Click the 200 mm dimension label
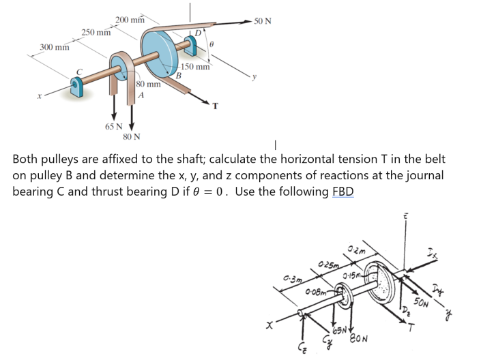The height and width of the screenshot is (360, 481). tap(130, 19)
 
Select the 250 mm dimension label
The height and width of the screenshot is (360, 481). tap(96, 32)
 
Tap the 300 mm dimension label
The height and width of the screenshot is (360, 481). tap(54, 47)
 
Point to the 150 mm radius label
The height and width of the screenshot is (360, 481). tap(196, 67)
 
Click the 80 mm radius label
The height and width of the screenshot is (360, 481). tap(148, 85)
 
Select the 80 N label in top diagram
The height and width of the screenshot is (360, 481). tap(132, 136)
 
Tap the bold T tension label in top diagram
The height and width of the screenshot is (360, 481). tap(216, 106)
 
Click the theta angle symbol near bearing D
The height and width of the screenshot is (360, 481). tap(212, 43)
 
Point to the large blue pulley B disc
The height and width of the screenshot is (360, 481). tap(158, 55)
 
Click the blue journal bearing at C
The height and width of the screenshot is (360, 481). tap(78, 87)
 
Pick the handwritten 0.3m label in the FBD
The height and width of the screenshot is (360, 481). tap(294, 277)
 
